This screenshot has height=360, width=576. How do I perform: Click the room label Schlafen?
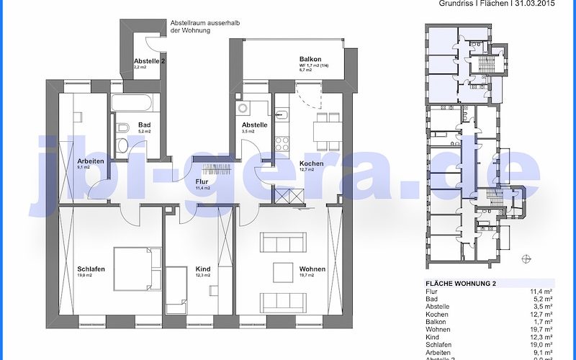pyautogui.click(x=91, y=269)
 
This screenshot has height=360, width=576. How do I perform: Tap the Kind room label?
pyautogui.click(x=203, y=269)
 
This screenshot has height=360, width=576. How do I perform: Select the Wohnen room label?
pyautogui.click(x=312, y=269)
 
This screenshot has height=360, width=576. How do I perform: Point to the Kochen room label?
pyautogui.click(x=312, y=163)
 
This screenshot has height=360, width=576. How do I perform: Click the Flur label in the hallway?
pyautogui.click(x=202, y=182)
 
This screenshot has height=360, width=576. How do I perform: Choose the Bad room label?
pyautogui.click(x=145, y=125)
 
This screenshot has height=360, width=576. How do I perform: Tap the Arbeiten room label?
pyautogui.click(x=90, y=161)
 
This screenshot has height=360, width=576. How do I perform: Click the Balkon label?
pyautogui.click(x=310, y=59)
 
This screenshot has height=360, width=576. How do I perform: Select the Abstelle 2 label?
pyautogui.click(x=150, y=61)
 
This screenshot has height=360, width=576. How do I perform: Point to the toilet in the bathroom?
pyautogui.click(x=121, y=147)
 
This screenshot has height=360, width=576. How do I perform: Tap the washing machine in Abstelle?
pyautogui.click(x=242, y=109)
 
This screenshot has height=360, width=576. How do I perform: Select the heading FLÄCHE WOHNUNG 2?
pyautogui.click(x=461, y=283)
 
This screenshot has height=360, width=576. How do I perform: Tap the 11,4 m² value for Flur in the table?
pyautogui.click(x=541, y=292)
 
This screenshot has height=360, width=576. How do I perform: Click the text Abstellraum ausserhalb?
pyautogui.click(x=205, y=23)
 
